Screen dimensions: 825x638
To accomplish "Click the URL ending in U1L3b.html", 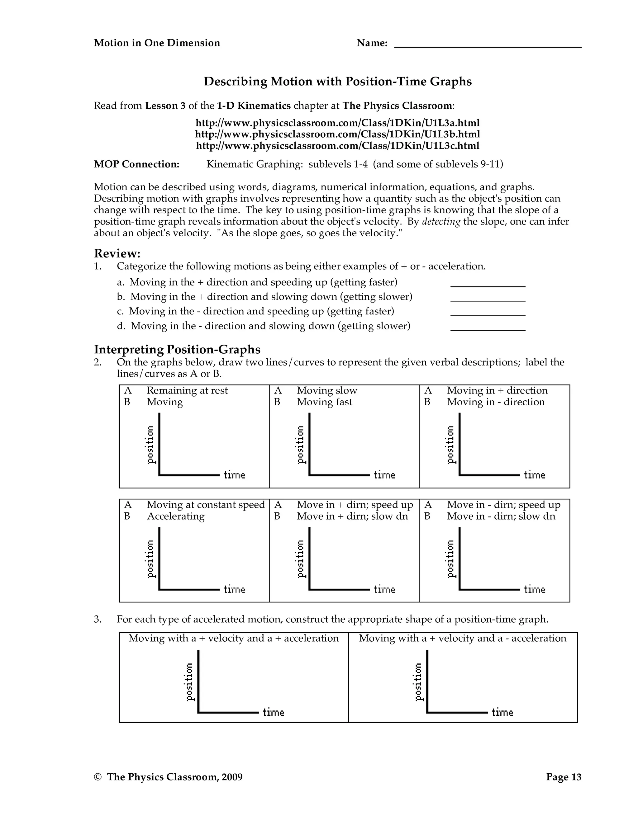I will pyautogui.click(x=337, y=134).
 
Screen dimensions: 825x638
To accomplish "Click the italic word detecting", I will pyautogui.click(x=441, y=222).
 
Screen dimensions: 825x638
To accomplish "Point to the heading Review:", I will pyautogui.click(x=117, y=253).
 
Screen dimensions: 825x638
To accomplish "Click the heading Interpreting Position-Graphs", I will pyautogui.click(x=177, y=349).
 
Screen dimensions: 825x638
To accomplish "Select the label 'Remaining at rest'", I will pyautogui.click(x=187, y=391).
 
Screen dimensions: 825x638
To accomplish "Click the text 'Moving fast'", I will pyautogui.click(x=324, y=402).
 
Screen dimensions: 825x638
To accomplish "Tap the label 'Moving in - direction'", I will pyautogui.click(x=496, y=402).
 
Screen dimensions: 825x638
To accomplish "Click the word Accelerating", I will pyautogui.click(x=176, y=516).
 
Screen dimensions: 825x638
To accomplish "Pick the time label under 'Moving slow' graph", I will pyautogui.click(x=384, y=475).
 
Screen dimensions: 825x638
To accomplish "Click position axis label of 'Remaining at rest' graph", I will pyautogui.click(x=151, y=445).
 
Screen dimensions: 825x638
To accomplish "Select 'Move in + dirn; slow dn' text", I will pyautogui.click(x=352, y=516).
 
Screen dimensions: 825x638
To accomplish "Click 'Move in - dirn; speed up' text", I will pyautogui.click(x=503, y=505).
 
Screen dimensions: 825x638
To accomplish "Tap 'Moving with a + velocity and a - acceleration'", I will pyautogui.click(x=463, y=639).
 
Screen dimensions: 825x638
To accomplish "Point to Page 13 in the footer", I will pyautogui.click(x=564, y=777).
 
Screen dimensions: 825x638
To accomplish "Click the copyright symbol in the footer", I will pyautogui.click(x=98, y=777).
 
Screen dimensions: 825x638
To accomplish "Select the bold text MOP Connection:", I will pyautogui.click(x=136, y=164).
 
